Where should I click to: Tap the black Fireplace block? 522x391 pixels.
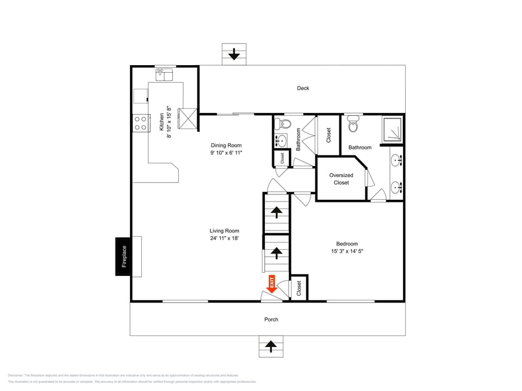123,256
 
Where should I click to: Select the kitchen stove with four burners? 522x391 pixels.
141,123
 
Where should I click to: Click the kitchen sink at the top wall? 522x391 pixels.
164,74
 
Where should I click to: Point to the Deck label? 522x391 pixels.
303,88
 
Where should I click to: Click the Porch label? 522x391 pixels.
271,319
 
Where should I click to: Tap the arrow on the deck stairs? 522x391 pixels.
234,54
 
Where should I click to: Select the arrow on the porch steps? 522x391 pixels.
271,346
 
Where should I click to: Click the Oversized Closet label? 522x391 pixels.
341,179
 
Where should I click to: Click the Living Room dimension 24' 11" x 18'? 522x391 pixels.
225,238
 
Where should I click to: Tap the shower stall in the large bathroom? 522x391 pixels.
393,129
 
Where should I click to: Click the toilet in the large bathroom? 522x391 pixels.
354,124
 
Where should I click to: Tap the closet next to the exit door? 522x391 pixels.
299,288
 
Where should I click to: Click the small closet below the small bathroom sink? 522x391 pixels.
282,158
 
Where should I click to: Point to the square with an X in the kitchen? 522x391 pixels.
189,118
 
